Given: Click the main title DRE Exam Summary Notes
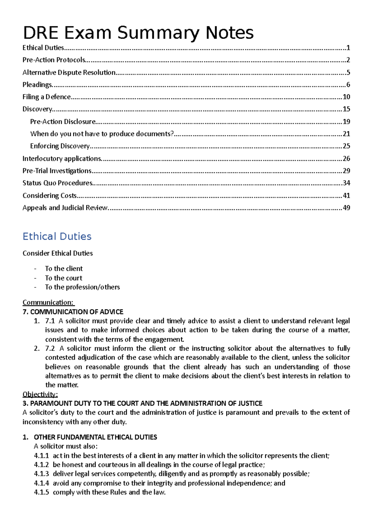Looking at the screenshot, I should click(x=138, y=33).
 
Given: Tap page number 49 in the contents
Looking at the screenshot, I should click(x=346, y=208).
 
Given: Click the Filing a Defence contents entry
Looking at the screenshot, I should click(x=47, y=97).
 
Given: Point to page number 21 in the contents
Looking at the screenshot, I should click(x=346, y=134).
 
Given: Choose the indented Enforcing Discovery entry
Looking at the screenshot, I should click(x=60, y=146).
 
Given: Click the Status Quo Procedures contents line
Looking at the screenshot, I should click(x=58, y=183).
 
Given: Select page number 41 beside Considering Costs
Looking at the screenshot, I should click(x=346, y=196).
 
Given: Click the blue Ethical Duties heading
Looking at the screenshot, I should click(x=57, y=236).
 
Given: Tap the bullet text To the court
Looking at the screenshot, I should click(x=64, y=278).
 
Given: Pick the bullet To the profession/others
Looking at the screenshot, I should click(x=82, y=287).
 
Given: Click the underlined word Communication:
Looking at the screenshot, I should click(x=48, y=302).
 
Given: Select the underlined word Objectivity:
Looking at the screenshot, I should click(x=40, y=394).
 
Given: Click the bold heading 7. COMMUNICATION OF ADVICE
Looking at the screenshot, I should click(x=73, y=312).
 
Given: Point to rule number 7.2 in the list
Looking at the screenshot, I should click(x=50, y=348).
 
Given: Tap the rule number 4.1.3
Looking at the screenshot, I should click(x=41, y=474).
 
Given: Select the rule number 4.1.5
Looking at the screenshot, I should click(x=41, y=492).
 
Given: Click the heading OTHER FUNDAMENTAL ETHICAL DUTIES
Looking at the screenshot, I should click(x=95, y=437).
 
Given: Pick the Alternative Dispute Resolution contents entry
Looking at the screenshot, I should click(x=69, y=73).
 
